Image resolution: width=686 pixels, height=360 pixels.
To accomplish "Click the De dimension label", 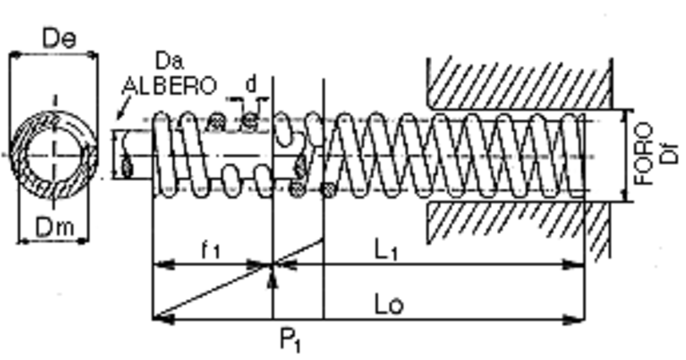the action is pyautogui.click(x=59, y=38).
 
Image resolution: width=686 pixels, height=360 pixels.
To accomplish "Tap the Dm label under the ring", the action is pyautogui.click(x=55, y=227).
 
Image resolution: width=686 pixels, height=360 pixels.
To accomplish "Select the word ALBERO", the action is pyautogui.click(x=169, y=86).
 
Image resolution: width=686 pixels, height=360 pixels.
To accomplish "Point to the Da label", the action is pyautogui.click(x=169, y=61).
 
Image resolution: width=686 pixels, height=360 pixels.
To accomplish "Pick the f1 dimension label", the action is pyautogui.click(x=211, y=250).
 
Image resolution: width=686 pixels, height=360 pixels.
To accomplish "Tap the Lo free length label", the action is pyautogui.click(x=389, y=304).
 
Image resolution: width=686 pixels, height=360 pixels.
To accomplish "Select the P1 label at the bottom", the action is pyautogui.click(x=290, y=340).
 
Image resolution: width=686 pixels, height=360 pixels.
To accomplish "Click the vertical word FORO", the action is pyautogui.click(x=643, y=154).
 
